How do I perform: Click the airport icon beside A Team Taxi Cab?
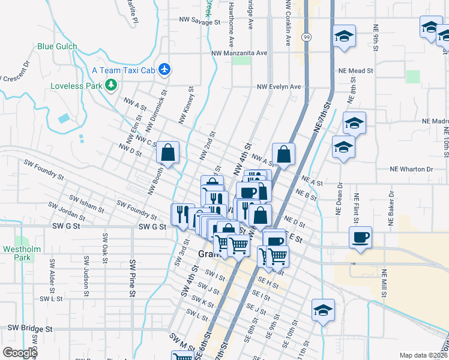pyautogui.click(x=166, y=70)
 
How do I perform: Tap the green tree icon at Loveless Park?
pyautogui.click(x=110, y=85)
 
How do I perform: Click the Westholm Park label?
pyautogui.click(x=16, y=253)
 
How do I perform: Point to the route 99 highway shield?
pyautogui.click(x=307, y=37)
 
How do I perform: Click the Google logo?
pyautogui.click(x=20, y=353)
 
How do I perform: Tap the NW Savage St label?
pyautogui.click(x=200, y=21)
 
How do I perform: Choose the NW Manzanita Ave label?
pyautogui.click(x=239, y=53)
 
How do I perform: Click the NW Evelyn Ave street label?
pyautogui.click(x=279, y=86)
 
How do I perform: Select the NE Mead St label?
pyautogui.click(x=357, y=70)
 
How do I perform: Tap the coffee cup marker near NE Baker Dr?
pyautogui.click(x=361, y=236)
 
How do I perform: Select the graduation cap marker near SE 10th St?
pyautogui.click(x=323, y=310)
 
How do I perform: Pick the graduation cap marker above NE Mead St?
pyautogui.click(x=345, y=35)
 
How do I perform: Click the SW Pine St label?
pyautogui.click(x=132, y=277)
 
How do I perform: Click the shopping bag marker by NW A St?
pyautogui.click(x=284, y=153)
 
